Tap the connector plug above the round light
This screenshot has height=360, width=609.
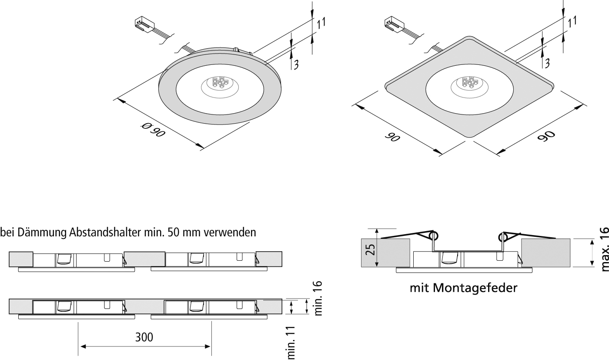143,24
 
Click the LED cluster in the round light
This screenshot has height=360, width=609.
220,83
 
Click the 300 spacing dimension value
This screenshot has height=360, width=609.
144,337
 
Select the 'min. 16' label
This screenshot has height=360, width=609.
318,298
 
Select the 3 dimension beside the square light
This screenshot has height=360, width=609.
547,64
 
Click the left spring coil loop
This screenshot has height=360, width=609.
433,237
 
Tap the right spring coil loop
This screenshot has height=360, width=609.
504,237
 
